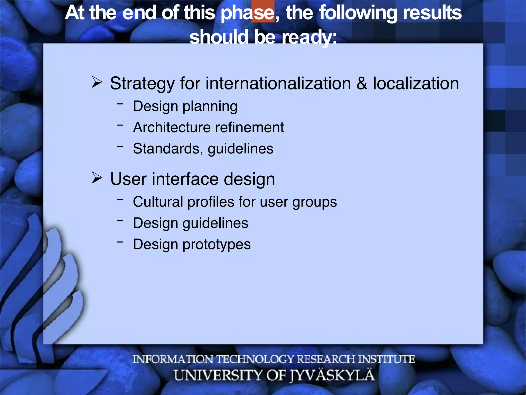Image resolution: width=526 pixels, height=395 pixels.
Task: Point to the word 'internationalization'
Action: [278, 83]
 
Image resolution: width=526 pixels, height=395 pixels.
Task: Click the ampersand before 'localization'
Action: [362, 83]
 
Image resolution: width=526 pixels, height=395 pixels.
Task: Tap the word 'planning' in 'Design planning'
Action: [210, 106]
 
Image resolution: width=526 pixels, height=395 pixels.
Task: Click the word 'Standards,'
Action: [168, 149]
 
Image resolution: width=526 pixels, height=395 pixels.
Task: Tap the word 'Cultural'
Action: [158, 202]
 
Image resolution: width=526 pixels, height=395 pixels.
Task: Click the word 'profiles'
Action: [211, 202]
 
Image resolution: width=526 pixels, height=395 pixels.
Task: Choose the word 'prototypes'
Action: [217, 244]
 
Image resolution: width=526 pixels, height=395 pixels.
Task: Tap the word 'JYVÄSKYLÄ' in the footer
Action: [333, 375]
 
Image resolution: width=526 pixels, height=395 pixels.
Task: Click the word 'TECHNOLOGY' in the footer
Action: [255, 359]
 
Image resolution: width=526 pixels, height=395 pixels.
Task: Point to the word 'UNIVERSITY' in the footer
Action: [218, 375]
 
